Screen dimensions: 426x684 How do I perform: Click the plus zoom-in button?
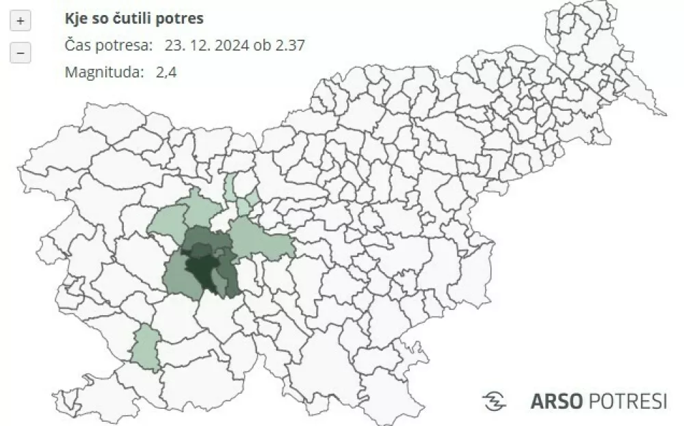21,21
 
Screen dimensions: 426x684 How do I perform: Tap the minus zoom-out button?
21,53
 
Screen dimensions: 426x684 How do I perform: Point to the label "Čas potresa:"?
109,46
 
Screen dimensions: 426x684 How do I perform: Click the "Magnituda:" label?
100,72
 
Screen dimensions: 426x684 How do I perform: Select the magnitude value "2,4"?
166,72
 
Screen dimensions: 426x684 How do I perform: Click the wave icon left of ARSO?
495,401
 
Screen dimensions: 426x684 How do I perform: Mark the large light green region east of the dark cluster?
260,239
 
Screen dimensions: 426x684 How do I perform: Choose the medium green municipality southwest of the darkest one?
176,274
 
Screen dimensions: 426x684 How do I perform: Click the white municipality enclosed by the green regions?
220,219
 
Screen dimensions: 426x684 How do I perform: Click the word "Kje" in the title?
75,18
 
